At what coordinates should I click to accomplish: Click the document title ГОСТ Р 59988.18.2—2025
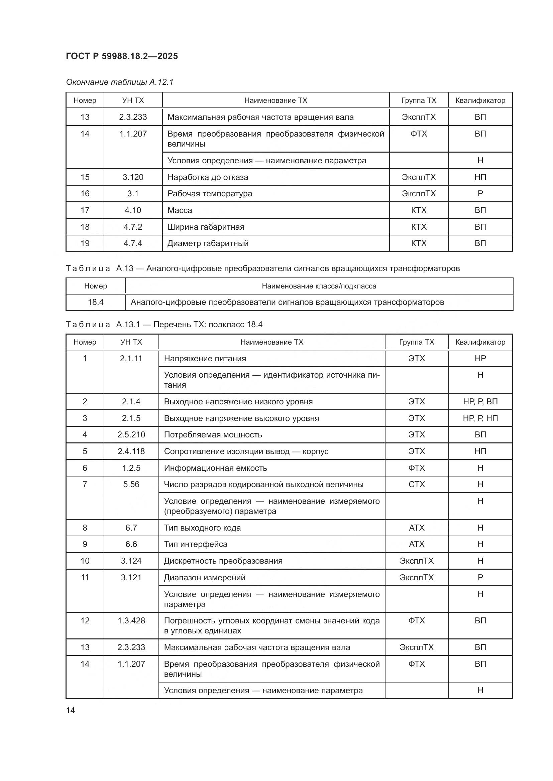click(x=122, y=56)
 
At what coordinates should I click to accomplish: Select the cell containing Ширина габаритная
click(x=206, y=227)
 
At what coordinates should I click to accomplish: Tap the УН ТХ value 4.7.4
click(x=133, y=243)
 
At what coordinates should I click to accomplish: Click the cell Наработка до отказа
click(x=208, y=177)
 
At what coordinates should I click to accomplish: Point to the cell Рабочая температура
click(x=210, y=194)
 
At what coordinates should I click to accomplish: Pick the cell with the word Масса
click(x=180, y=210)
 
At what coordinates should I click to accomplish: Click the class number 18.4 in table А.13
click(x=96, y=302)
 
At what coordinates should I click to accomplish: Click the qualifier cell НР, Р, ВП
click(x=480, y=402)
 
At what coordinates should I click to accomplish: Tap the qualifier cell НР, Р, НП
click(x=480, y=418)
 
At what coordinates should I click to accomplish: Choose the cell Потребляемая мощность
click(x=213, y=435)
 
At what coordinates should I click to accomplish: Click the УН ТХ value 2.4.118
click(x=131, y=451)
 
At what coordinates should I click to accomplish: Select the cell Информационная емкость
click(x=215, y=468)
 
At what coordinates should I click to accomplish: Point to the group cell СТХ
click(x=417, y=484)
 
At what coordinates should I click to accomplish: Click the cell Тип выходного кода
click(x=202, y=528)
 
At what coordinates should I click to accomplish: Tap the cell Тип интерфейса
click(x=196, y=544)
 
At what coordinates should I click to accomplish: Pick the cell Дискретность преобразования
click(x=223, y=561)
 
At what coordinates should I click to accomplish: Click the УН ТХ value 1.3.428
click(x=131, y=620)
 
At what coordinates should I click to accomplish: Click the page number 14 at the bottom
click(x=71, y=710)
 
